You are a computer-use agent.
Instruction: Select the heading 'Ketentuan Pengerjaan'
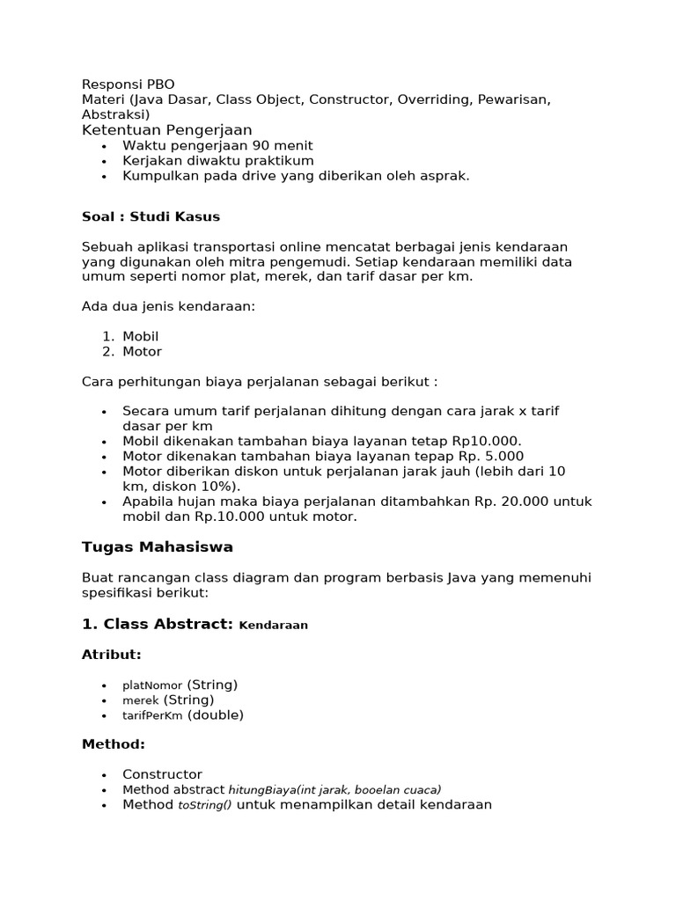(x=166, y=130)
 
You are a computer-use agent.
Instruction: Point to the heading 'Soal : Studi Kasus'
(x=151, y=216)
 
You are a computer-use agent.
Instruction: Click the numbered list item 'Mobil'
(x=141, y=336)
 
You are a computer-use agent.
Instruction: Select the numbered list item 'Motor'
(x=142, y=351)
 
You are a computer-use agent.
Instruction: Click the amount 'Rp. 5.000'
(x=490, y=456)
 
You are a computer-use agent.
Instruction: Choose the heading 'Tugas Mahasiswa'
(x=158, y=547)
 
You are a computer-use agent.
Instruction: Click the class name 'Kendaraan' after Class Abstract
(x=273, y=626)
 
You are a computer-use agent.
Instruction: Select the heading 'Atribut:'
(x=111, y=655)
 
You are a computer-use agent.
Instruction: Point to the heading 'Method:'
(x=113, y=744)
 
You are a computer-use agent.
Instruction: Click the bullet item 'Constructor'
(x=162, y=774)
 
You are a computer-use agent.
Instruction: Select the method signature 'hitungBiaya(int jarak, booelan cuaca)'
(x=334, y=790)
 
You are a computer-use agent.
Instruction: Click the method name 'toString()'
(x=205, y=805)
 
